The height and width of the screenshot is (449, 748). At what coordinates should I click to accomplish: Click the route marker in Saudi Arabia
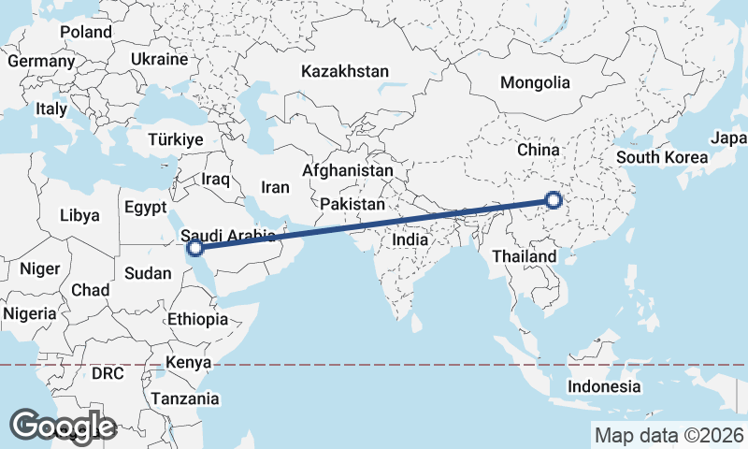coord(195,249)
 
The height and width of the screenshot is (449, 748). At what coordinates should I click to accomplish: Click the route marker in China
coord(554,199)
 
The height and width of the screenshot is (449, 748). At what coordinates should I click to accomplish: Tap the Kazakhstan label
coord(344,71)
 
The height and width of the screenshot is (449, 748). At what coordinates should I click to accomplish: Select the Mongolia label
coord(535,82)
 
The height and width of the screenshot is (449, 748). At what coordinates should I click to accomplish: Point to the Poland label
coord(86,32)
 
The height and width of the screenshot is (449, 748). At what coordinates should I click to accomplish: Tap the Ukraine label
coord(159,58)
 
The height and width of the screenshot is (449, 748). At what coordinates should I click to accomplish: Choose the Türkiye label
coord(175,139)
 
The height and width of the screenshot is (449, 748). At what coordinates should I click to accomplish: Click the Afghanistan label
coord(347,171)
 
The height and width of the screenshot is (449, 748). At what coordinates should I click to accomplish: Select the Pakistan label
coord(352,204)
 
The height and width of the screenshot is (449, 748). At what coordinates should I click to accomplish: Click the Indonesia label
coord(605,386)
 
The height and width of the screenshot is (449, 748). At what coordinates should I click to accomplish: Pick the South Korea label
coord(663,157)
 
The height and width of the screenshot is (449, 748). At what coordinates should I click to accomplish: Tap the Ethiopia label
coord(197,319)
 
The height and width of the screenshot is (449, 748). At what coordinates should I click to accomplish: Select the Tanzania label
coord(187,398)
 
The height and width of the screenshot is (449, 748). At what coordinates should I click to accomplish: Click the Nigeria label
coord(29,313)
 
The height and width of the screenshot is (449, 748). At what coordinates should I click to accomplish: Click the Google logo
coord(63,426)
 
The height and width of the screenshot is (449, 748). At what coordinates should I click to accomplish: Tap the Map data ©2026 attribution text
coord(669,435)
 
